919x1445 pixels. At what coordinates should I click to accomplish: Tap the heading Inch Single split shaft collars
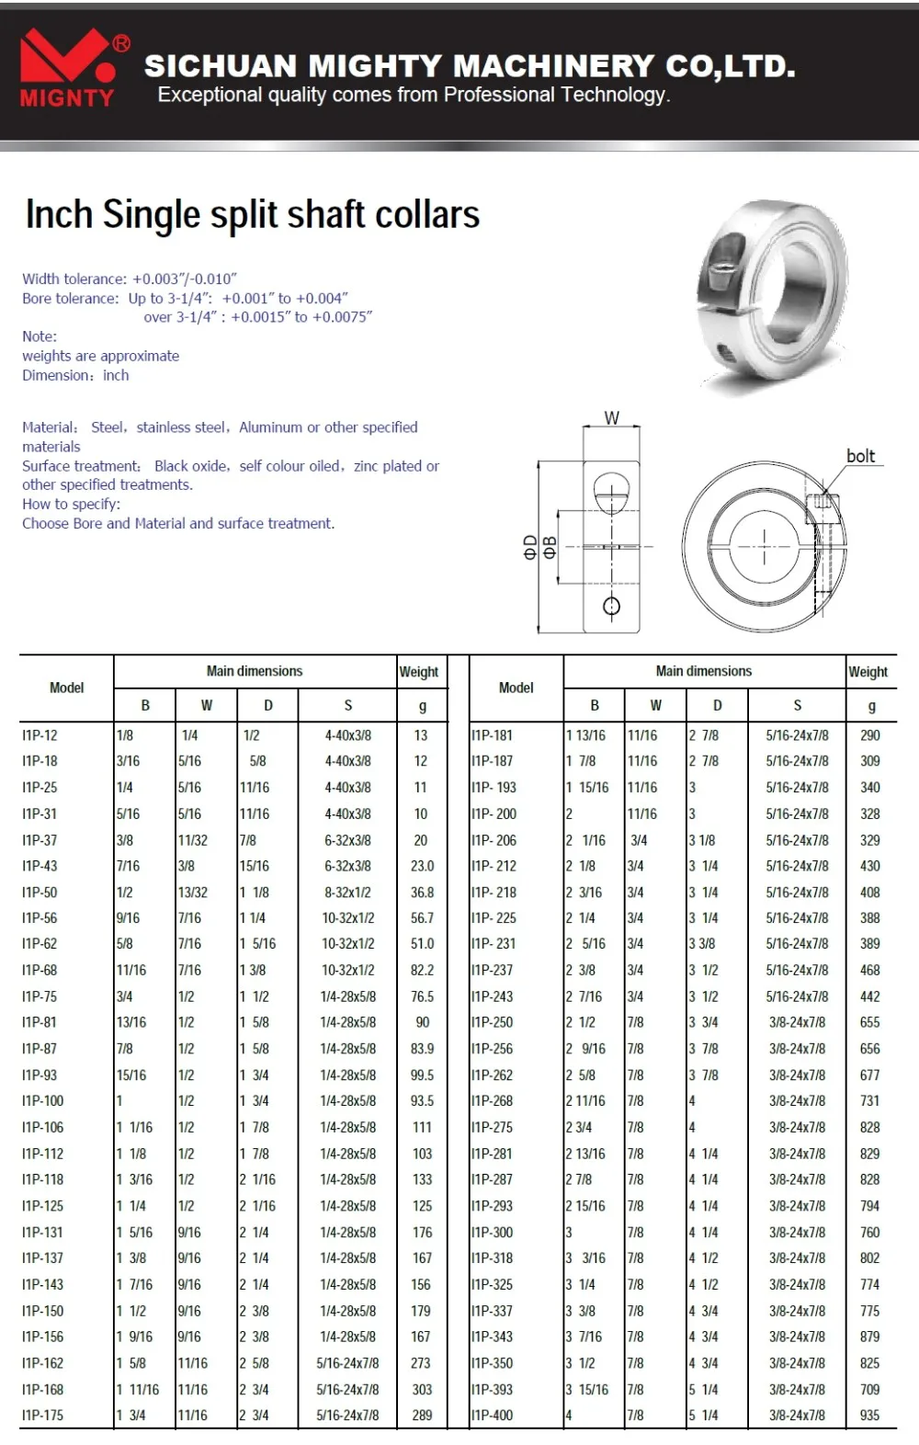click(x=253, y=215)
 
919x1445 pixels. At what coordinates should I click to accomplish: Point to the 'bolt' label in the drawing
click(x=860, y=456)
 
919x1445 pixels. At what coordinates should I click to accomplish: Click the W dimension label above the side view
click(x=611, y=418)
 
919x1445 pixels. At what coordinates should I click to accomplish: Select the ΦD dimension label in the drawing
click(x=530, y=548)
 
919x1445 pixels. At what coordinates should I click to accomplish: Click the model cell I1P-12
click(x=40, y=735)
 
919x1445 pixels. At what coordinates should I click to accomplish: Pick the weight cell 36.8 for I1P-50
click(x=422, y=893)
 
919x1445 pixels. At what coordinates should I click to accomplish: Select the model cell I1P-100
click(x=43, y=1101)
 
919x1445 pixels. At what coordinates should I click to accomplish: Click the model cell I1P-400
click(x=492, y=1416)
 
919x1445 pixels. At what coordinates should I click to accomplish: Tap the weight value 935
click(x=869, y=1416)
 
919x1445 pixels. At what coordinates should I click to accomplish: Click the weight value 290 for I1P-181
click(x=869, y=735)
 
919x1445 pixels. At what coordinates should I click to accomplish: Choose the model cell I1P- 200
click(x=494, y=814)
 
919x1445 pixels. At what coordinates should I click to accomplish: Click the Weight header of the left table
click(x=418, y=672)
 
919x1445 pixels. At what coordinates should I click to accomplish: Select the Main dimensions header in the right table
click(x=703, y=671)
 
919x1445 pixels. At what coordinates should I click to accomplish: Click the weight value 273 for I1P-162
click(x=422, y=1363)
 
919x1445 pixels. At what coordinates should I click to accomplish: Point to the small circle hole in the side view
click(x=611, y=606)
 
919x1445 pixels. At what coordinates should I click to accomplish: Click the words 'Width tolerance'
click(x=74, y=279)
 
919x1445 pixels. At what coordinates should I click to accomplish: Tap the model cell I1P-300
click(x=492, y=1233)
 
